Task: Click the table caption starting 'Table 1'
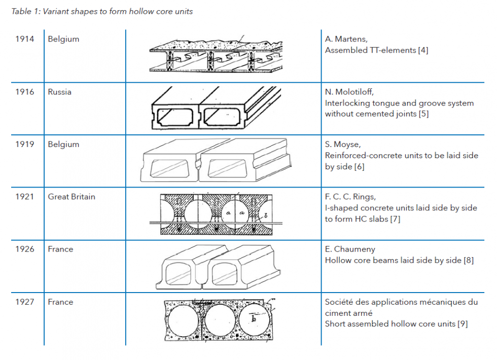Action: (x=102, y=12)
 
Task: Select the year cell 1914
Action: (x=25, y=39)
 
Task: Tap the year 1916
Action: (x=25, y=92)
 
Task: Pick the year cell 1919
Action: (x=25, y=144)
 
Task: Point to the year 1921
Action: (x=25, y=197)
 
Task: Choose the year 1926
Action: (x=25, y=249)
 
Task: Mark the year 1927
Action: (x=25, y=302)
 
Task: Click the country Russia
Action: (x=59, y=92)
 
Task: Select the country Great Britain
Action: (x=72, y=197)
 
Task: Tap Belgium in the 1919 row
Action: (x=63, y=144)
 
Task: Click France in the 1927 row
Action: (x=60, y=302)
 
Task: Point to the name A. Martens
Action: (x=346, y=39)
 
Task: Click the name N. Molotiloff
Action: (x=349, y=92)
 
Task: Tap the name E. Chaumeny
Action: (x=349, y=249)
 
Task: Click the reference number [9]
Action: (x=462, y=323)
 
